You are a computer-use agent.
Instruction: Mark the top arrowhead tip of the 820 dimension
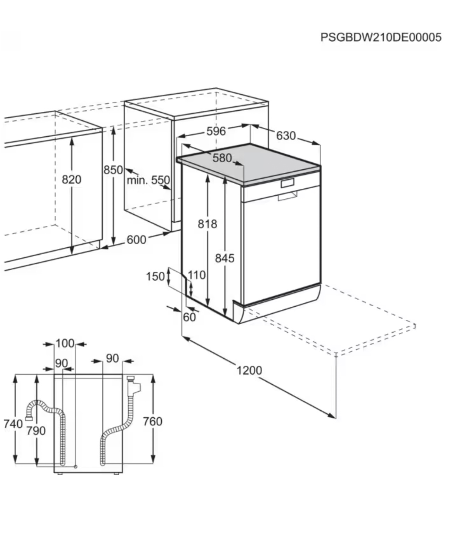click(x=72, y=137)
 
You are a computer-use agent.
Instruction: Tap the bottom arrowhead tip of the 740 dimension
click(x=15, y=463)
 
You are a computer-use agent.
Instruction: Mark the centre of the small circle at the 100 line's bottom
click(x=76, y=467)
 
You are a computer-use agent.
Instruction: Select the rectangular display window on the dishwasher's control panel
click(x=288, y=183)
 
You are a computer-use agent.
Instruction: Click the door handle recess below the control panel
click(x=288, y=196)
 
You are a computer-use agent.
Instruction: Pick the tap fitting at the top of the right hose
click(x=133, y=386)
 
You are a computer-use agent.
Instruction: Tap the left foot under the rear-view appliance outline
click(x=60, y=473)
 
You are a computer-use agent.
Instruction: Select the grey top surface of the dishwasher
click(x=248, y=163)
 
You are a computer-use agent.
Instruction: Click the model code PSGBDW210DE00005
click(x=381, y=37)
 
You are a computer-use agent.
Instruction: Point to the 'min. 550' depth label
click(x=148, y=180)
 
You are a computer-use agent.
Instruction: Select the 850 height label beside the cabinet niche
click(x=113, y=170)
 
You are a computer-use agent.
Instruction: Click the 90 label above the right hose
click(x=112, y=358)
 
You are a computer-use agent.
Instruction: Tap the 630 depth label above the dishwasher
click(x=286, y=136)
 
